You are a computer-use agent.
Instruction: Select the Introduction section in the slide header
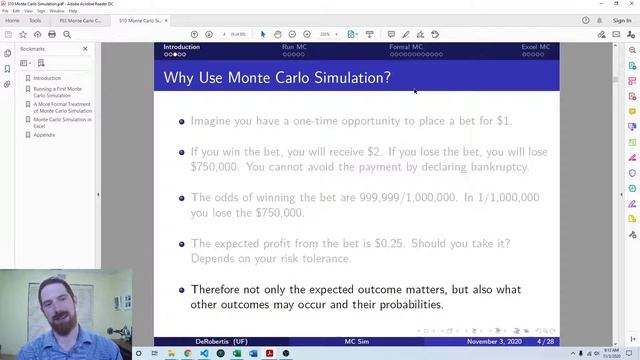pyautogui.click(x=181, y=47)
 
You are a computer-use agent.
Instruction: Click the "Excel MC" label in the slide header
pyautogui.click(x=536, y=47)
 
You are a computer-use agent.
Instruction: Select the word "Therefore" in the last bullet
pyautogui.click(x=216, y=290)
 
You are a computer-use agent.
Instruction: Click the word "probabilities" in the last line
pyautogui.click(x=404, y=304)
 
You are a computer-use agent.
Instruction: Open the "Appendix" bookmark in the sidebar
pyautogui.click(x=44, y=134)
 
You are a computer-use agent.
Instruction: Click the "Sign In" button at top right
pyautogui.click(x=621, y=20)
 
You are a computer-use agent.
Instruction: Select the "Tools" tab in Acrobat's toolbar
pyautogui.click(x=35, y=20)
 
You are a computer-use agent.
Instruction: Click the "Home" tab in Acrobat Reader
pyautogui.click(x=12, y=20)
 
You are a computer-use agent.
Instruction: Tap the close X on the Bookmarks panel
pyautogui.click(x=85, y=49)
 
